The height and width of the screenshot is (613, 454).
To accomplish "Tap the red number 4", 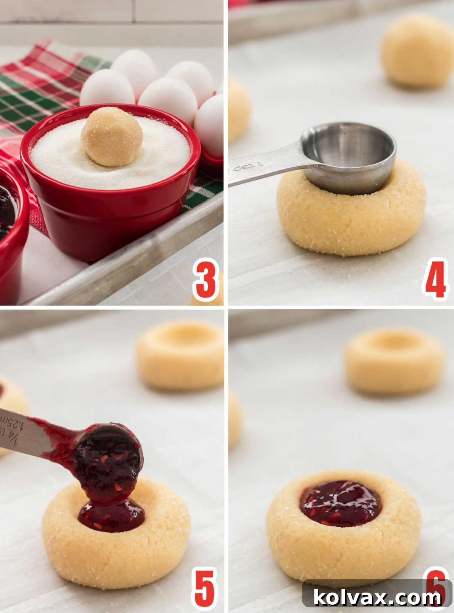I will (435, 279).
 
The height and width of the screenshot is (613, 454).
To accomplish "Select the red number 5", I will (205, 588).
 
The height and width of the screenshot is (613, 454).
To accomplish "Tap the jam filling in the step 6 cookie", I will (340, 503).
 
